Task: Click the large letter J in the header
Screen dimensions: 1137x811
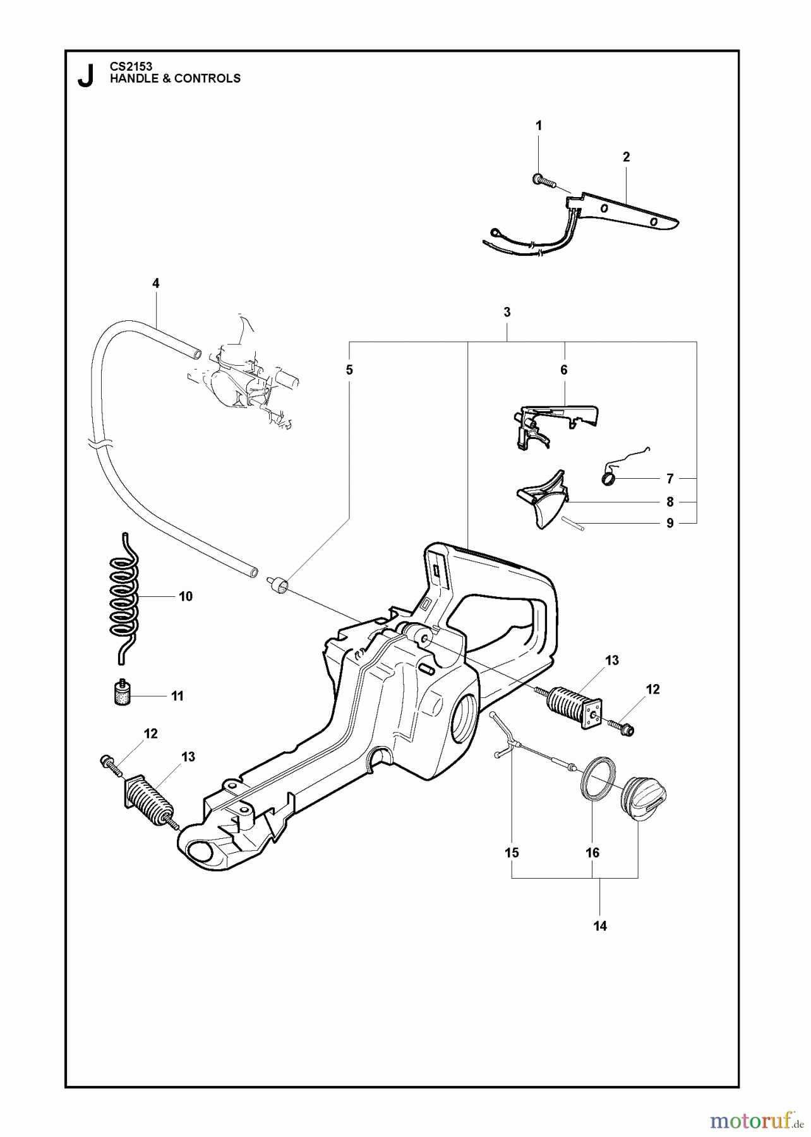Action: (x=85, y=76)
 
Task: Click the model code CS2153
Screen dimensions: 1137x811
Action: (x=131, y=66)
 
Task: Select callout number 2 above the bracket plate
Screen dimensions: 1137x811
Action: (x=626, y=157)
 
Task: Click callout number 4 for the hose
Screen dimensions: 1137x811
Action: (x=155, y=283)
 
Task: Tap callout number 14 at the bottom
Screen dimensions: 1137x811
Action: (x=599, y=926)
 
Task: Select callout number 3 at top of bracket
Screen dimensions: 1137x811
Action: (x=507, y=312)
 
